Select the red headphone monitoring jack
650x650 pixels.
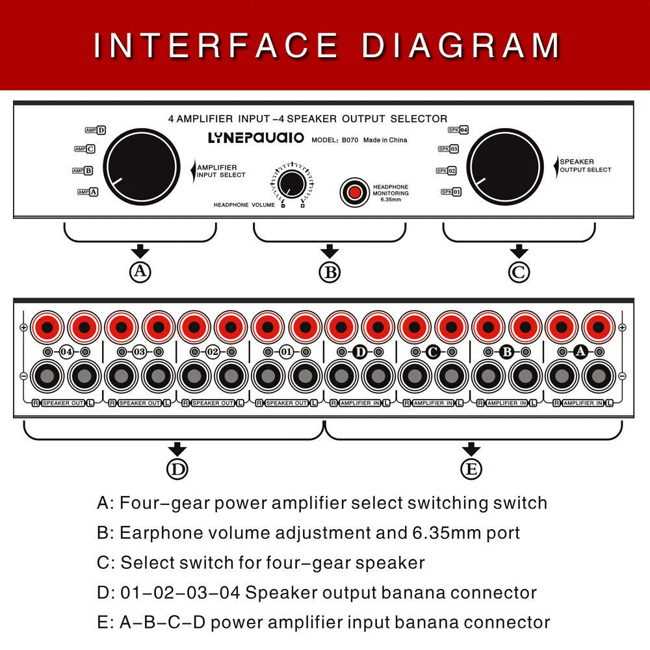[354, 192]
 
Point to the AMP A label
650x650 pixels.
[88, 192]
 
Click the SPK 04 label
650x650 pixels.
[458, 130]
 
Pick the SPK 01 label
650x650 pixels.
[451, 192]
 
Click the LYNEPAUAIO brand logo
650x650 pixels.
[255, 138]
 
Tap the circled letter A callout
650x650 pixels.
[140, 272]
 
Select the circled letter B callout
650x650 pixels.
[330, 272]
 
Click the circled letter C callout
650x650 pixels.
[519, 272]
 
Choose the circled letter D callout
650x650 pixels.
[177, 469]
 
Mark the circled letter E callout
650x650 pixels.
[471, 469]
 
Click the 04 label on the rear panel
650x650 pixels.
[66, 352]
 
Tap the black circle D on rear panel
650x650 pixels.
[359, 352]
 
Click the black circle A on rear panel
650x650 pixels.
[581, 352]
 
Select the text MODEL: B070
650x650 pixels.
[335, 140]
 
